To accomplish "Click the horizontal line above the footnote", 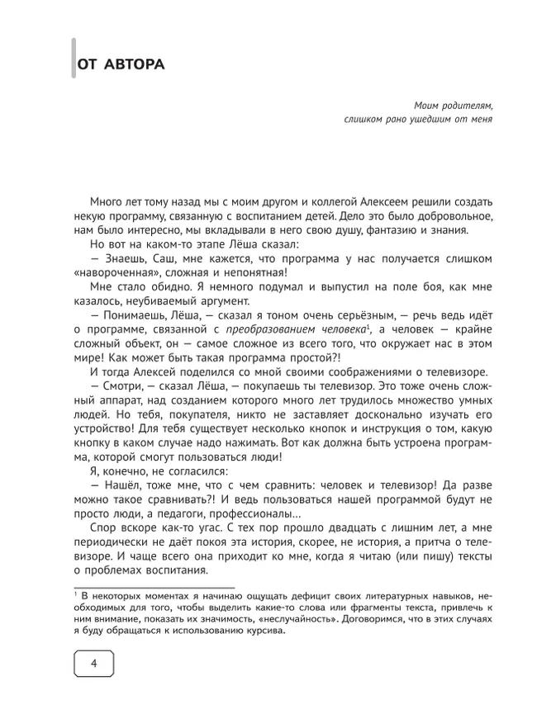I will [153, 588].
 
